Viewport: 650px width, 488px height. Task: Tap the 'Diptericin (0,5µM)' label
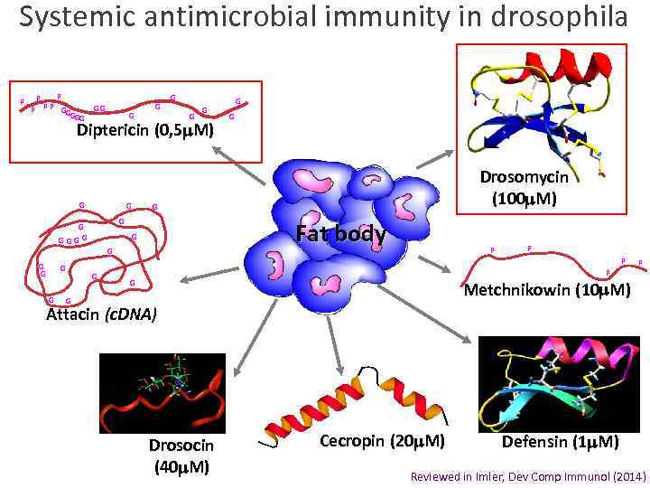click(145, 132)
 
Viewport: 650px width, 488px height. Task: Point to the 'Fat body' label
click(341, 235)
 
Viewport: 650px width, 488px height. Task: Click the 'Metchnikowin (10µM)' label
click(546, 291)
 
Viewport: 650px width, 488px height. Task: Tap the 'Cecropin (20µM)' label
click(382, 442)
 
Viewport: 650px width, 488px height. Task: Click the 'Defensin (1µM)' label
click(560, 442)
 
